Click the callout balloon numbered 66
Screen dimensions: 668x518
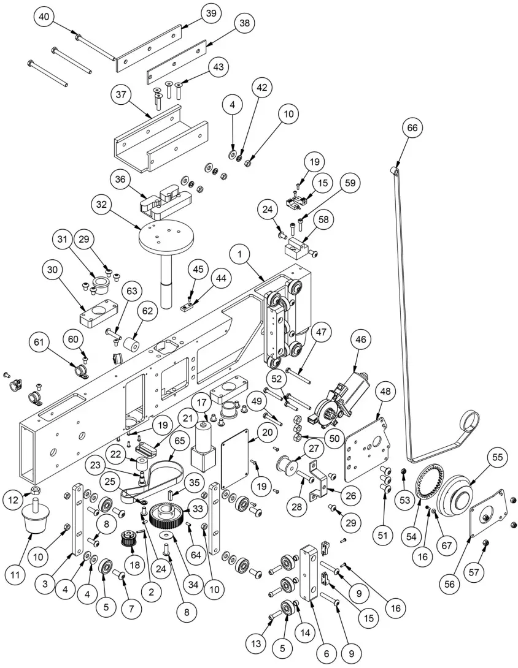(411, 128)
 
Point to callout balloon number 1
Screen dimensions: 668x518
(242, 253)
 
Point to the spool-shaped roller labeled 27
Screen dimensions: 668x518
(285, 463)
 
